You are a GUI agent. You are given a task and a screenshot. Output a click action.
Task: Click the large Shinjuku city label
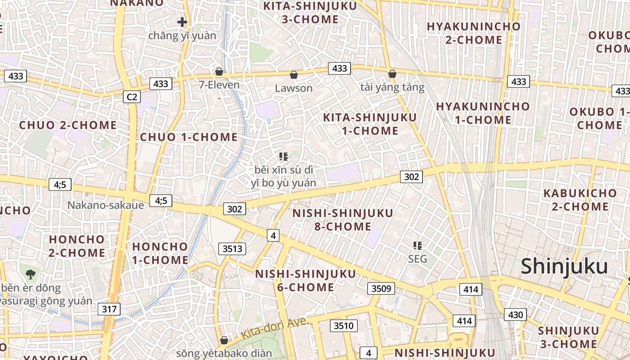click(x=564, y=267)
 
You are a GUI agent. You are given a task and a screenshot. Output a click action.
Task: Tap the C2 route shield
click(x=132, y=96)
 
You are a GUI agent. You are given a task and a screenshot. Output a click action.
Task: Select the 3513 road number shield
click(x=232, y=248)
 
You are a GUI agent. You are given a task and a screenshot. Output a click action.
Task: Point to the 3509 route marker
click(x=381, y=288)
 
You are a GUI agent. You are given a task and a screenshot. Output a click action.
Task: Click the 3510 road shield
click(x=344, y=325)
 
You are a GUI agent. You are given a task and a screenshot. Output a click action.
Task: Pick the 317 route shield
click(x=109, y=309)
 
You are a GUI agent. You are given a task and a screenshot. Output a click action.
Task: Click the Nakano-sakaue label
click(x=106, y=205)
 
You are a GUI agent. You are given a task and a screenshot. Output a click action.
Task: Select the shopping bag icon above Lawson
click(x=294, y=75)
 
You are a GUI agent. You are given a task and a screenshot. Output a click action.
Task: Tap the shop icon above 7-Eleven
click(x=219, y=72)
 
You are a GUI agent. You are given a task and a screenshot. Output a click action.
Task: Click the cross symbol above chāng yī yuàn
click(x=182, y=22)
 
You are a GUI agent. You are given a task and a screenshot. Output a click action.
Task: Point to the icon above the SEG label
click(x=417, y=246)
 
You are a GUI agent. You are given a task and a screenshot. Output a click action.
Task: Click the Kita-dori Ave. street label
click(x=274, y=328)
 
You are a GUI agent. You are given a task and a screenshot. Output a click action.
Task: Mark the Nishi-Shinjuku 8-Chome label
click(x=342, y=219)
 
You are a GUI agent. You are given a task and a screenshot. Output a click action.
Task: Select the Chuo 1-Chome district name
click(x=189, y=137)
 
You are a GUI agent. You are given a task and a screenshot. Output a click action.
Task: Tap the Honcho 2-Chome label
click(x=77, y=246)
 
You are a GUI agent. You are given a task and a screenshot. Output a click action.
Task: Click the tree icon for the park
click(x=30, y=274)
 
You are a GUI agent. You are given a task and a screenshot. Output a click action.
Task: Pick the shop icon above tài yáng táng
click(x=392, y=74)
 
